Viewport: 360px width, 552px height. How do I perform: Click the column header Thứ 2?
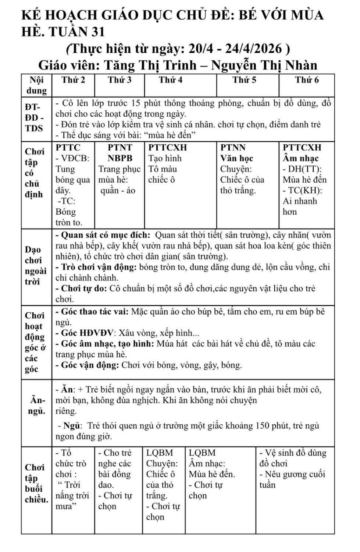click(x=73, y=80)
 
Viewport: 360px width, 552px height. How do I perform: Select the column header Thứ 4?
click(x=170, y=80)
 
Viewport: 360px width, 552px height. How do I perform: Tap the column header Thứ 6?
click(x=307, y=80)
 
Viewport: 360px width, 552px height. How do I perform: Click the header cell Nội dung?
click(x=36, y=85)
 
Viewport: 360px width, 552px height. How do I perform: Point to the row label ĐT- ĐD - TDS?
click(x=34, y=118)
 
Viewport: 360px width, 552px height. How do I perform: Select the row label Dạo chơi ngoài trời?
click(x=35, y=266)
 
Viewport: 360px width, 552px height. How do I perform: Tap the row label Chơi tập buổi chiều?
click(x=36, y=484)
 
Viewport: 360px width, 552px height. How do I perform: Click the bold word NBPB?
click(x=120, y=158)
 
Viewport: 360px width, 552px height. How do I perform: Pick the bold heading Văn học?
click(x=236, y=158)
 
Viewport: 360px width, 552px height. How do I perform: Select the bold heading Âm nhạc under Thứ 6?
click(x=300, y=158)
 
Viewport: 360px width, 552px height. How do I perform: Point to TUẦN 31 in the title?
click(x=76, y=32)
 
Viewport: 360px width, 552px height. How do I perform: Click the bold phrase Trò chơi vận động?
click(x=99, y=267)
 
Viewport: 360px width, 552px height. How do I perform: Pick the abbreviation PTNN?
click(x=233, y=148)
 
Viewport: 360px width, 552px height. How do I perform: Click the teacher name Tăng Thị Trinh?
click(x=150, y=65)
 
